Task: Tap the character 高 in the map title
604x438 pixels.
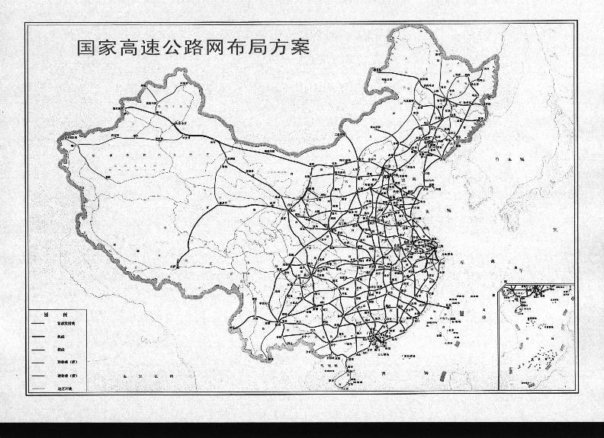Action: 131,48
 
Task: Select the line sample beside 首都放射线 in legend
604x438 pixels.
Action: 39,324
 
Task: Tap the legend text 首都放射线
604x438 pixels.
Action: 66,324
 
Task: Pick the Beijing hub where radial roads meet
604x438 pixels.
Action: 397,174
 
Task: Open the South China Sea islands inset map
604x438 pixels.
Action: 534,335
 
